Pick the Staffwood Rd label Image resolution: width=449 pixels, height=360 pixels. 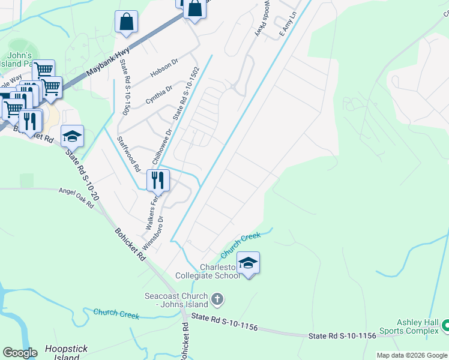(129, 153)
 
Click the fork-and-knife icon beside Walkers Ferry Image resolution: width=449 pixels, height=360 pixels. (158, 179)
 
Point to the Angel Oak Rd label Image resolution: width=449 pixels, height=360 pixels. (76, 197)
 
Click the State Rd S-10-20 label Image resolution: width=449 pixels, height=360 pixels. (82, 173)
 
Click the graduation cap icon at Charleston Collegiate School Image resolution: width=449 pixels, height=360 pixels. (248, 262)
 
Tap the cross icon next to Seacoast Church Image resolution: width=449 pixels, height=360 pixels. (217, 298)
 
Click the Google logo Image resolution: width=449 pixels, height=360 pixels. (20, 352)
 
